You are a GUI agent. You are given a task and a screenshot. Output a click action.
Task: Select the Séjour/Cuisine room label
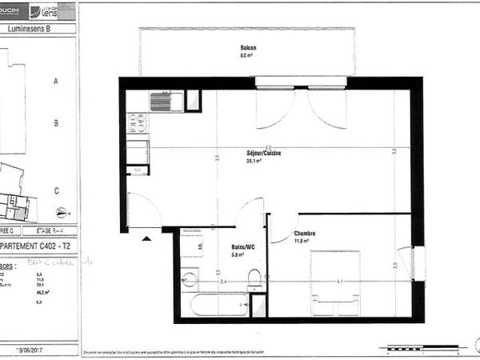tap(264, 152)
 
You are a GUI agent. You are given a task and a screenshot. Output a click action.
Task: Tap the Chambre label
tap(305, 234)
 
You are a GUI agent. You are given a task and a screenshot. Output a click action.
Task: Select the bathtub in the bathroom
tap(219, 305)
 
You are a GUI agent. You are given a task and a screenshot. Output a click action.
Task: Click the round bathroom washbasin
tap(190, 279)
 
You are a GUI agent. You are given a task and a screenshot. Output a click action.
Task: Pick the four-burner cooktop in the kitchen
tap(137, 122)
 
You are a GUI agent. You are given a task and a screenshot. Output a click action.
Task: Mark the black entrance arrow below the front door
tap(146, 238)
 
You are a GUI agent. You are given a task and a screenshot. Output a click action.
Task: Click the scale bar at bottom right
tap(422, 348)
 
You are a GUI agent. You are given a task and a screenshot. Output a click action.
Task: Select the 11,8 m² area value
tap(302, 241)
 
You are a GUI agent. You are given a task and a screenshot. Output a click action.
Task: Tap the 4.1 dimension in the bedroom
tap(339, 282)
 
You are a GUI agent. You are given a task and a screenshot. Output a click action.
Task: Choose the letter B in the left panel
tap(55, 122)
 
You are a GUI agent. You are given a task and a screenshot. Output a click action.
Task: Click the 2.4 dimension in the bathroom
tap(223, 282)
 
